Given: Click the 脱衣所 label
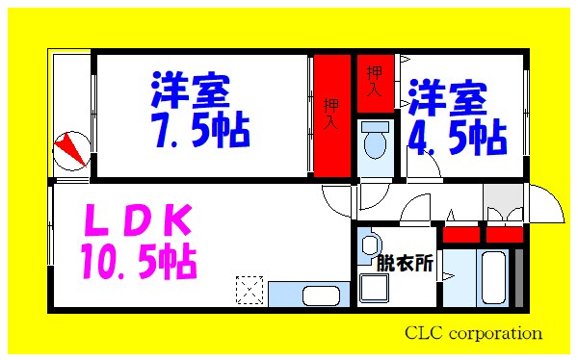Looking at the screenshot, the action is coord(405,262).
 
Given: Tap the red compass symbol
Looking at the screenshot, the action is coord(70,148).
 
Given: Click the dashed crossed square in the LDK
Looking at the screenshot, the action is coord(250,288).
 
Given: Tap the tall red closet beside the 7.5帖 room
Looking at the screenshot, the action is coord(330,116).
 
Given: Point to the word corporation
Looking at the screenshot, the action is coord(498,334).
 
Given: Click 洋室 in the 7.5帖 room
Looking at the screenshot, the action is coord(191,92).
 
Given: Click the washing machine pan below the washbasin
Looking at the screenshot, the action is coord(373,285).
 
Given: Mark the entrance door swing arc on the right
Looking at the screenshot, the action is coord(546,203).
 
